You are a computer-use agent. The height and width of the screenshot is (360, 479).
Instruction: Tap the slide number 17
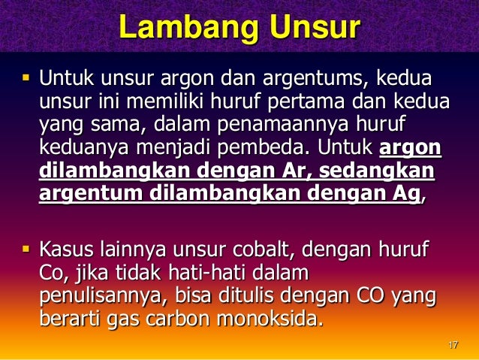(452, 345)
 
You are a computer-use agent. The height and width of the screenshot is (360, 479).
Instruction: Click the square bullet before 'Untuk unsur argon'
(23, 77)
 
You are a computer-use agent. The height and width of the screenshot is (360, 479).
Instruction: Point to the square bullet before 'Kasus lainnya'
(23, 247)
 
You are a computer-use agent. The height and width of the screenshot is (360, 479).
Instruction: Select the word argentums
(325, 77)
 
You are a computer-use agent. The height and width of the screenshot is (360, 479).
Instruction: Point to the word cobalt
(291, 248)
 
